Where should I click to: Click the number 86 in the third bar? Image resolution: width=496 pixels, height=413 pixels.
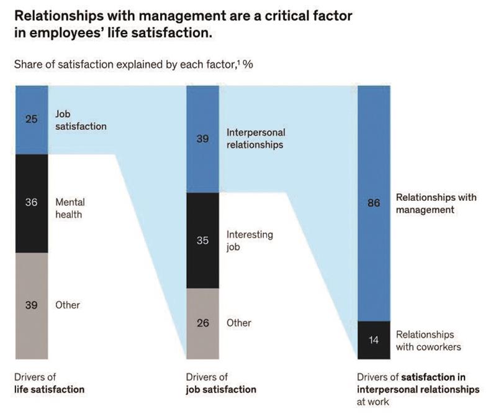[374, 203]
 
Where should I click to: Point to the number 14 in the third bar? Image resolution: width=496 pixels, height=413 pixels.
[374, 340]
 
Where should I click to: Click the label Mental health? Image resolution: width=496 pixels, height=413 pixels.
[70, 208]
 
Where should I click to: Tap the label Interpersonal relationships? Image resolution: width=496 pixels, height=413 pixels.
[256, 138]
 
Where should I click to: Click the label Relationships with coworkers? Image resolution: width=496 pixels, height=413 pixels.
[428, 340]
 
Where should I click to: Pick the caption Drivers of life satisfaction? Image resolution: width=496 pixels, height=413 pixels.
[49, 383]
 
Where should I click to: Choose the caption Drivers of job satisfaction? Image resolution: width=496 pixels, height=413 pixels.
[220, 383]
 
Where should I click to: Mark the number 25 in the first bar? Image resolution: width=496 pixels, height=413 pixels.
[32, 119]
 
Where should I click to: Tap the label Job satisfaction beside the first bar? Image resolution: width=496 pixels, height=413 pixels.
[81, 121]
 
